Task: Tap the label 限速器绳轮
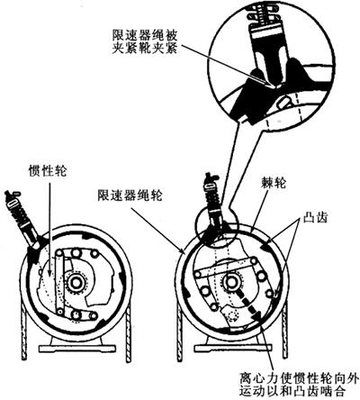click(x=130, y=195)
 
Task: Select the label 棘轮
click(x=274, y=183)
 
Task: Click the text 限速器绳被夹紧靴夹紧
click(x=145, y=42)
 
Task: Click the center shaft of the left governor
click(x=75, y=283)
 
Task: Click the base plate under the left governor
click(x=77, y=349)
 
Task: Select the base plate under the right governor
click(x=233, y=349)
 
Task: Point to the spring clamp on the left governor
click(x=22, y=217)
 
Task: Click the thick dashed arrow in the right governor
click(x=248, y=304)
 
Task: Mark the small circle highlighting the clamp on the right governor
click(x=216, y=227)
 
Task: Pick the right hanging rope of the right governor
click(x=285, y=330)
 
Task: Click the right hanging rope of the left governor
click(x=129, y=332)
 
